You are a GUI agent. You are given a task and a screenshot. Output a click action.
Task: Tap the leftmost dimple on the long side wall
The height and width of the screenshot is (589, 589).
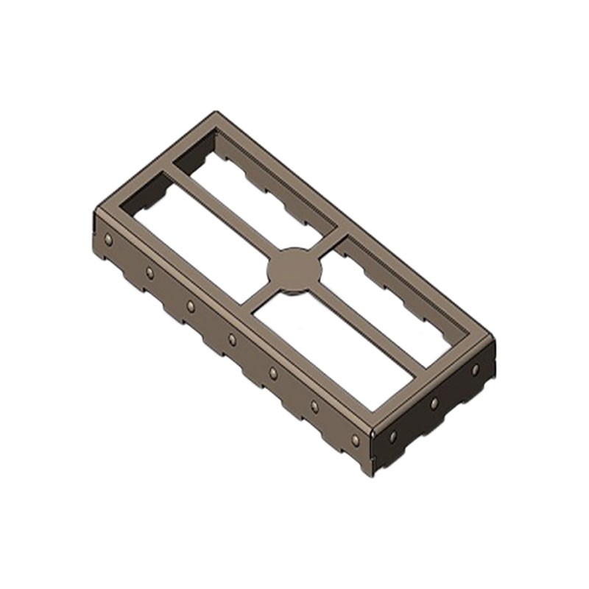pyautogui.click(x=109, y=240)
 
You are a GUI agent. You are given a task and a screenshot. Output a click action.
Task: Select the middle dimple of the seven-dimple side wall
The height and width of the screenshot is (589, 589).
pyautogui.click(x=232, y=339)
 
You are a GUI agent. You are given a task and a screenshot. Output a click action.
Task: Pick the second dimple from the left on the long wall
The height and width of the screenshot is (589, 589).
pyautogui.click(x=149, y=272)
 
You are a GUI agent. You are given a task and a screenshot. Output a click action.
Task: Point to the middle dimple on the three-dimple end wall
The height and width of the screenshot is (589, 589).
pyautogui.click(x=434, y=403)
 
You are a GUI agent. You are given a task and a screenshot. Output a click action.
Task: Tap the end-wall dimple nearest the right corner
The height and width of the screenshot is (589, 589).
pyautogui.click(x=475, y=369)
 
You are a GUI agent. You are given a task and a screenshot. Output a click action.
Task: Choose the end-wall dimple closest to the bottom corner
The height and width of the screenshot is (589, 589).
pyautogui.click(x=393, y=437)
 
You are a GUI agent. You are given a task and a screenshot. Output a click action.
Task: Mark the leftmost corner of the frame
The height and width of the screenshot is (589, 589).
pyautogui.click(x=96, y=214)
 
